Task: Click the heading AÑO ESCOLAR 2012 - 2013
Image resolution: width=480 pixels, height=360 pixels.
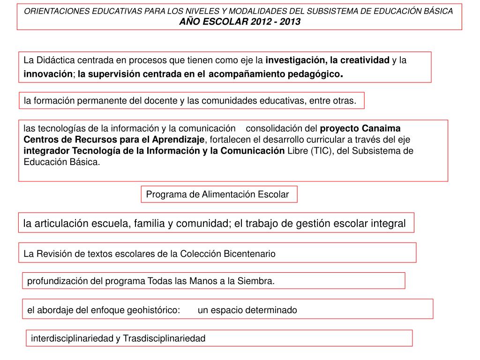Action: tap(240, 22)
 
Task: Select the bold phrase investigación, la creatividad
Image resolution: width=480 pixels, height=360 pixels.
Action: tap(327, 60)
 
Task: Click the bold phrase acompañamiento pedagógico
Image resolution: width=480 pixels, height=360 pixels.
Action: tap(275, 74)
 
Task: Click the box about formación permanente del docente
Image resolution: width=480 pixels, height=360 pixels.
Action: tap(190, 100)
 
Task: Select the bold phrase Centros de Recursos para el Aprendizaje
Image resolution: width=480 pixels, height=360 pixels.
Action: tap(114, 140)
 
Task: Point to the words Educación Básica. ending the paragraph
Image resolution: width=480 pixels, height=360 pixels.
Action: tap(62, 162)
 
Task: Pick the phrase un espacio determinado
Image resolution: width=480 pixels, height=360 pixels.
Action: tap(247, 310)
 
